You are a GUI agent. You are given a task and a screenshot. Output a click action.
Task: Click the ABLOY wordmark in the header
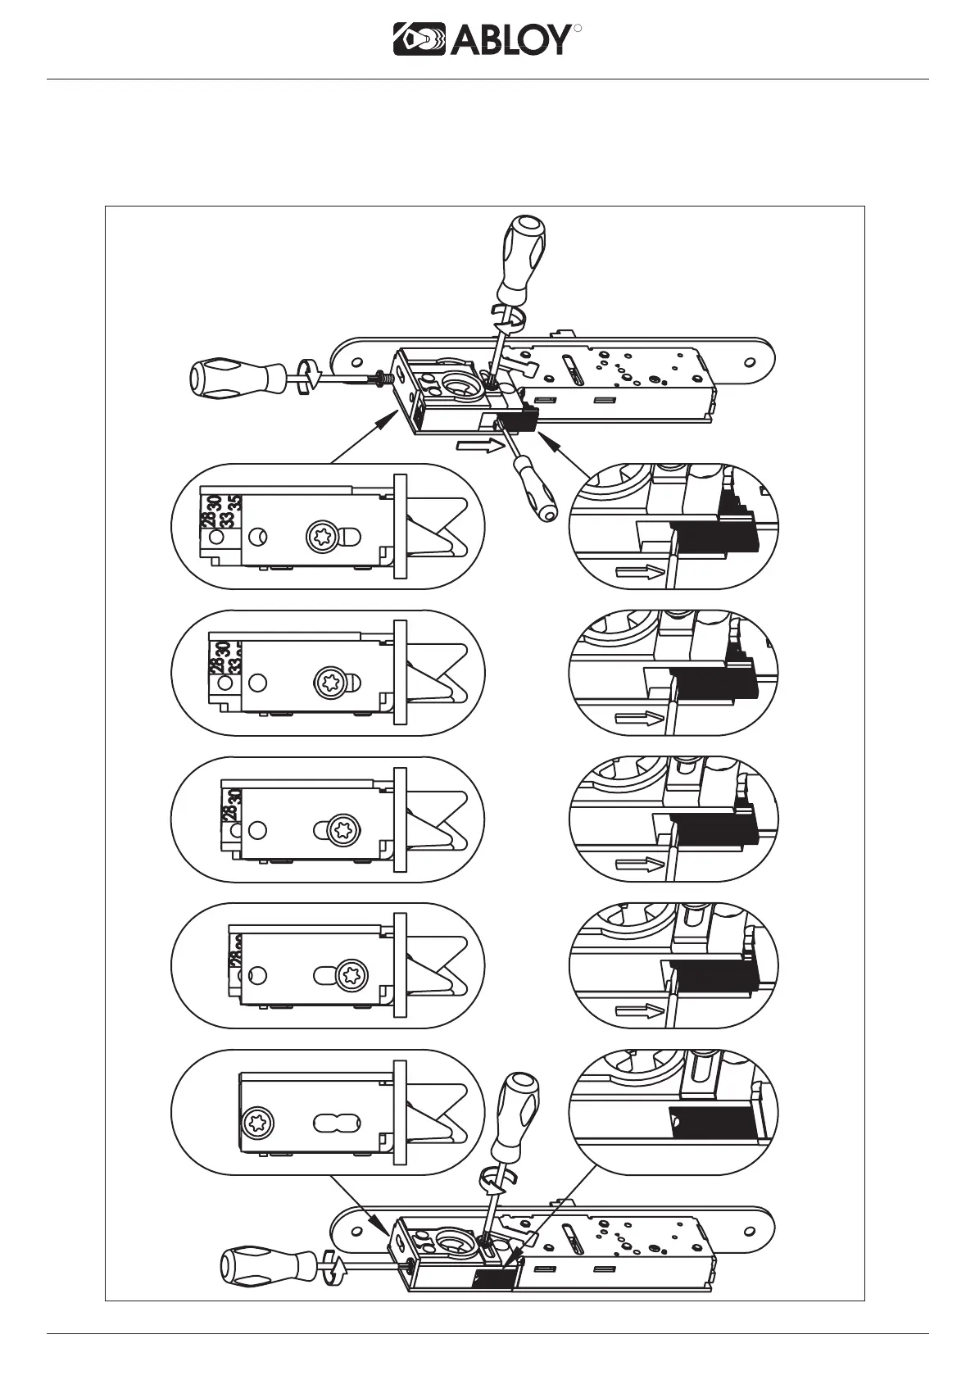click(510, 39)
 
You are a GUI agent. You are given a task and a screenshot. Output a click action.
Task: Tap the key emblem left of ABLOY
click(419, 39)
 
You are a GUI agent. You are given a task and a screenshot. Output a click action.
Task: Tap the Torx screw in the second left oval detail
click(331, 683)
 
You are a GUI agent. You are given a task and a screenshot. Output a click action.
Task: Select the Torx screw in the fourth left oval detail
click(351, 976)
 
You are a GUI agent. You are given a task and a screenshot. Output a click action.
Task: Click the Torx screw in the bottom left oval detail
click(256, 1123)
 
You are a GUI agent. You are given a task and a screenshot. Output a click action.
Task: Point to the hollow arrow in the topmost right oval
click(637, 573)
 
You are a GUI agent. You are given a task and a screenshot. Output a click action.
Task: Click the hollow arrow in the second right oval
click(637, 719)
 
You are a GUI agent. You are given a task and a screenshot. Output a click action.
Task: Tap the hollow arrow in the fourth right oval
click(637, 1011)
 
